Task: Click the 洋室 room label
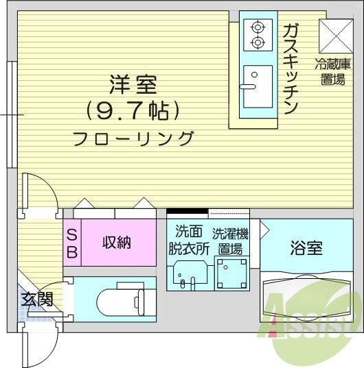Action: click(x=133, y=86)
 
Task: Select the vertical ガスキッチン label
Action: click(x=290, y=69)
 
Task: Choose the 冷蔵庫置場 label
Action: click(x=334, y=72)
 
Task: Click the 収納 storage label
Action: click(x=117, y=243)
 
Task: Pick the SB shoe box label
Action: click(x=72, y=243)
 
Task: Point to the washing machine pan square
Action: click(x=231, y=273)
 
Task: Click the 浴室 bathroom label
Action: click(x=306, y=248)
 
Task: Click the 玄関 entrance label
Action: click(x=37, y=299)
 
